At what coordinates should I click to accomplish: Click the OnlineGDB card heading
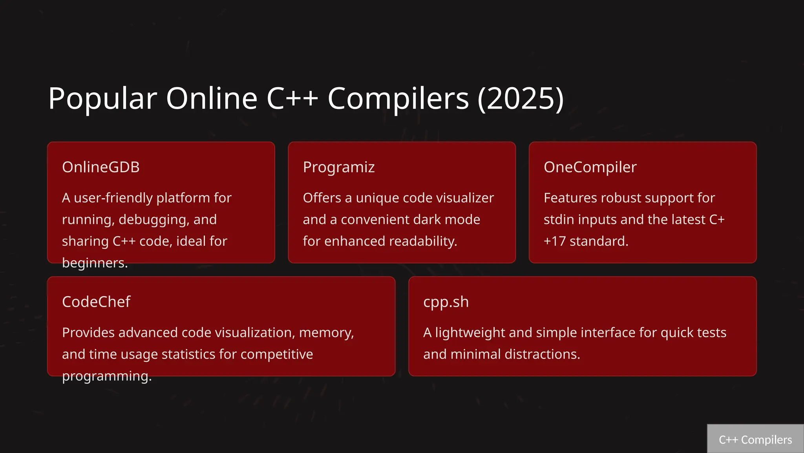[x=100, y=167]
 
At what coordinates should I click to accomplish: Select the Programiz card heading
[x=338, y=167]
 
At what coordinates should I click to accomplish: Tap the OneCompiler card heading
[x=590, y=167]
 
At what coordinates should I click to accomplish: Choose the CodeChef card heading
[x=96, y=302]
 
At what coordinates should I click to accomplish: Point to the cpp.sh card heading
[x=446, y=302]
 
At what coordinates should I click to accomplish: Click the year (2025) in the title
[x=521, y=98]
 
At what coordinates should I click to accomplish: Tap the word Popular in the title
[x=102, y=98]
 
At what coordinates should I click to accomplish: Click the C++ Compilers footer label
[x=755, y=440]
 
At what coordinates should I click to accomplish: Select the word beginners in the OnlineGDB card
[x=95, y=263]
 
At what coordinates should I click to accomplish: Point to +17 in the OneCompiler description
[x=554, y=241]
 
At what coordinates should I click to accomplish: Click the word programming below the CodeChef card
[x=107, y=376]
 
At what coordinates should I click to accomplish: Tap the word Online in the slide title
[x=212, y=98]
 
